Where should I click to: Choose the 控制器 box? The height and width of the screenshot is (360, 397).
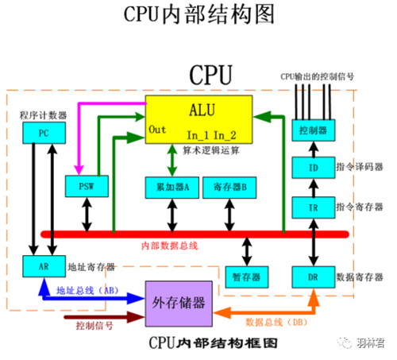click(308, 129)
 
